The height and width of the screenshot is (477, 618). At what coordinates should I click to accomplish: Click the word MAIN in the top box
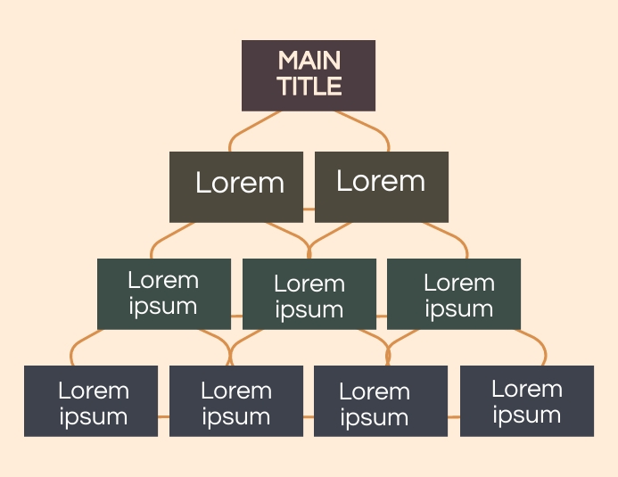pos(309,62)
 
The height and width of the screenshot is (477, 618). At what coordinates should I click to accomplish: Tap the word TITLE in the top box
pos(309,86)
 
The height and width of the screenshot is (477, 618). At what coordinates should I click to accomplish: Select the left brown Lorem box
pos(236,186)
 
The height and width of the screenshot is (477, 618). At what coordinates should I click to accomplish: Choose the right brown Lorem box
pos(382,186)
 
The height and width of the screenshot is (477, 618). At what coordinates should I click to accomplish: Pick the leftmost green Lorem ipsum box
pos(163,293)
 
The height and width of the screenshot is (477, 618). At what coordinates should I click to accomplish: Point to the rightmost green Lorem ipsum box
pos(454,294)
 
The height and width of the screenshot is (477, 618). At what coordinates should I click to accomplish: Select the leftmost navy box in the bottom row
pos(91,401)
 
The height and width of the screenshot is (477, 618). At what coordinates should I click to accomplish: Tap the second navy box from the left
pos(236,401)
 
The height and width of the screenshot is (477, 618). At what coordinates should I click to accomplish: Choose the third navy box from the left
pos(381,401)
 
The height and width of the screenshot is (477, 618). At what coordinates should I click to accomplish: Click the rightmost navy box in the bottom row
pos(527,400)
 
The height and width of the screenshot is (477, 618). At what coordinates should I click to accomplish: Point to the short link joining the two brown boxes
pos(309,210)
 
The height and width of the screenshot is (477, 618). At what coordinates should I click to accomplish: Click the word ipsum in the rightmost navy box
pos(527,415)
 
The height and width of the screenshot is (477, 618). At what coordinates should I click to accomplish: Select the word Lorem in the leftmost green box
pos(163,281)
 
